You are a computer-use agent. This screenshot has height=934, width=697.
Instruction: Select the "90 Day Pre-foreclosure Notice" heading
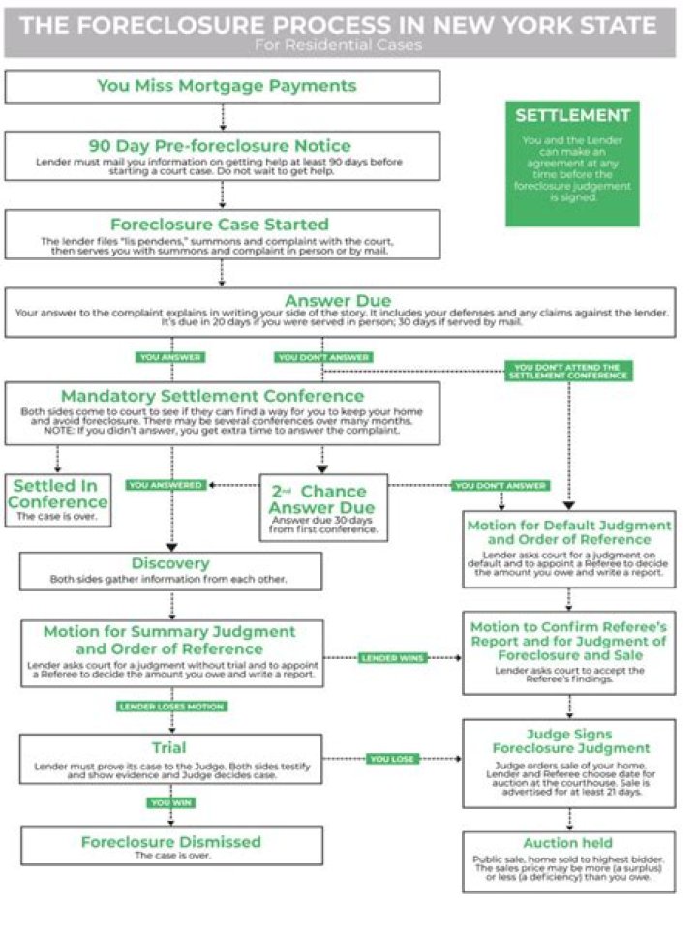[220, 145]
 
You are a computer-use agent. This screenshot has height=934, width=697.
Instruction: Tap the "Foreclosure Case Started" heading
[220, 225]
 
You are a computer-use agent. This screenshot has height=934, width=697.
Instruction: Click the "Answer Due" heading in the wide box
[338, 300]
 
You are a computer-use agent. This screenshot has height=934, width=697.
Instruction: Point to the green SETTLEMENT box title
[571, 115]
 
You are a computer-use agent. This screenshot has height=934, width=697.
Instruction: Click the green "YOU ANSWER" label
[170, 357]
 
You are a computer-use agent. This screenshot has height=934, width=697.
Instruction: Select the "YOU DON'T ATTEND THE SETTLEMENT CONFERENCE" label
[566, 372]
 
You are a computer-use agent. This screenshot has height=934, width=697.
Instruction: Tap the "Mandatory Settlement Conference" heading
[212, 396]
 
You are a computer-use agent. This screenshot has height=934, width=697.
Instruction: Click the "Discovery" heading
[170, 563]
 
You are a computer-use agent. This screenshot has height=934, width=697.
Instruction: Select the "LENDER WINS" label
[393, 658]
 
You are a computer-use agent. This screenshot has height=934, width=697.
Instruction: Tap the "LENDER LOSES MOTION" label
[171, 707]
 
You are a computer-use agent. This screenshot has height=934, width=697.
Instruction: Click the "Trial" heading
[170, 748]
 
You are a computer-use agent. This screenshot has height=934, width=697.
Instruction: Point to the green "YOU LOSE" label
[393, 759]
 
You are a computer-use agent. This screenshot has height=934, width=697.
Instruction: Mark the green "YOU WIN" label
[171, 802]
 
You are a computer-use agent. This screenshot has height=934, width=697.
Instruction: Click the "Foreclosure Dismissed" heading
[170, 841]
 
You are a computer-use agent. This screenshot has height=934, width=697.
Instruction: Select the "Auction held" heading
[568, 843]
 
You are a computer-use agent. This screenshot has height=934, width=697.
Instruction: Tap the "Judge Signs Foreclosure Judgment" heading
[568, 741]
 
